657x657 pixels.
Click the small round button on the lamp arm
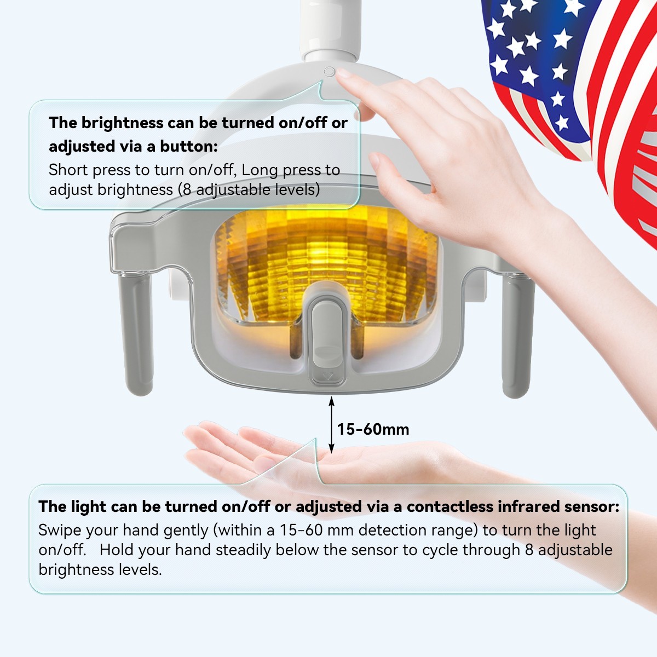coord(330,72)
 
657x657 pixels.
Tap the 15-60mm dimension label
coord(373,429)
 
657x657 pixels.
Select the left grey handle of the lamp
coord(136,334)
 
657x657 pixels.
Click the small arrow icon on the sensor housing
coord(328,377)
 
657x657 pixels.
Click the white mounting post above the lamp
coord(331,29)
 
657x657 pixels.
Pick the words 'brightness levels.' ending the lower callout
coord(100,570)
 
